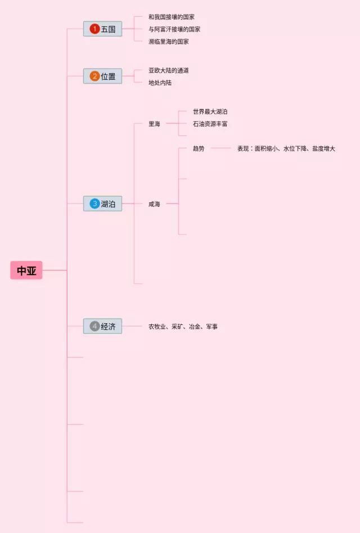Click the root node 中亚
click(x=26, y=270)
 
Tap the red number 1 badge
click(x=94, y=29)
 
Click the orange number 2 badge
click(x=94, y=76)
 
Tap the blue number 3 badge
click(x=94, y=204)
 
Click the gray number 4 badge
click(x=94, y=326)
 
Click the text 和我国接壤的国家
click(x=172, y=17)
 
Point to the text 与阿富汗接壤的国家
click(x=174, y=29)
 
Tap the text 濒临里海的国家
click(x=169, y=42)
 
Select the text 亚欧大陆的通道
click(x=169, y=70)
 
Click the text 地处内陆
click(x=160, y=83)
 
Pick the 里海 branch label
click(x=154, y=124)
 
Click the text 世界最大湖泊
click(x=210, y=112)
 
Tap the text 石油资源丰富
click(x=210, y=124)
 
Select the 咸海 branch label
click(x=154, y=204)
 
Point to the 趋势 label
click(x=199, y=148)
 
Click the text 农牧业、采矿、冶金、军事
click(x=183, y=326)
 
